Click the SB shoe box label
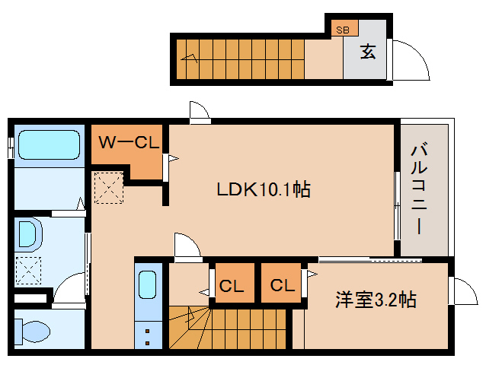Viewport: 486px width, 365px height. point(343,30)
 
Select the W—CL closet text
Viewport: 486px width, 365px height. point(128,142)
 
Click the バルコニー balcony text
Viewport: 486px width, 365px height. point(419,188)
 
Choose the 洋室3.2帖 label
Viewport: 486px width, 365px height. point(376,300)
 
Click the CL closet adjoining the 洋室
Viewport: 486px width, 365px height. point(281,286)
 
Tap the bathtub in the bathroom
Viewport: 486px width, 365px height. point(49,144)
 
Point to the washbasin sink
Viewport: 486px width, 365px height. point(28,233)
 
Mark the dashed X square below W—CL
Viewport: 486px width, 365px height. point(107,188)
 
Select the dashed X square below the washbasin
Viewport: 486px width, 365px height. point(29,269)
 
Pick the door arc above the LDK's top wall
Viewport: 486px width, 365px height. point(199,112)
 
